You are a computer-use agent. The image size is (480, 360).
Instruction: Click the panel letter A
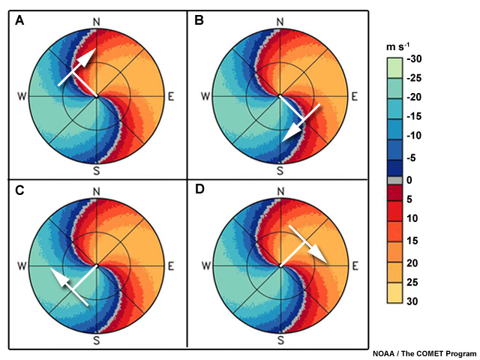[20, 22]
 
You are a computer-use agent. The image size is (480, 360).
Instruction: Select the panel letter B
[199, 22]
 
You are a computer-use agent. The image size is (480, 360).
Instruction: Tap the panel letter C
[20, 190]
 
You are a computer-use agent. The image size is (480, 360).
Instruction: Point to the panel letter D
[199, 190]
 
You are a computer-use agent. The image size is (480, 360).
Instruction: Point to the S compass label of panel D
[280, 340]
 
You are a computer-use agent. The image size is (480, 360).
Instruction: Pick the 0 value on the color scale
[411, 180]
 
